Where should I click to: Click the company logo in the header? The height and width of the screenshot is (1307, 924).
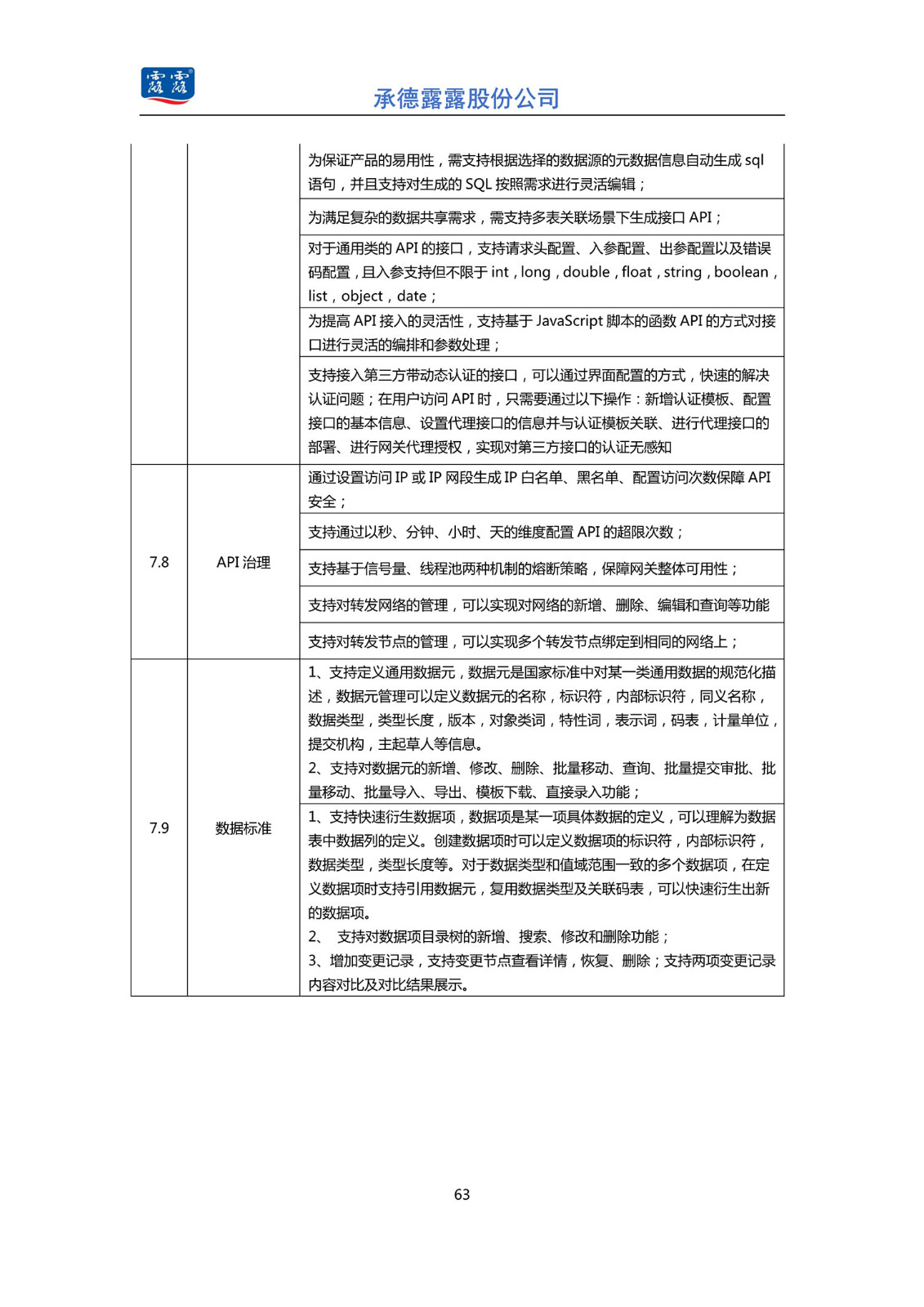pos(167,86)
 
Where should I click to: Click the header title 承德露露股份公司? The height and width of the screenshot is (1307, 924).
pos(466,99)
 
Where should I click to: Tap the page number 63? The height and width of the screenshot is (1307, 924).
pos(462,1194)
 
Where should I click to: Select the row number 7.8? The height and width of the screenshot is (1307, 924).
pos(159,562)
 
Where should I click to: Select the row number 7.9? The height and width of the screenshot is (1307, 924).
pos(159,827)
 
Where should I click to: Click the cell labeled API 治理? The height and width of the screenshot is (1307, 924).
pos(243,562)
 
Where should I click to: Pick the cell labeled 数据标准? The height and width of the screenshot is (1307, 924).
pos(243,827)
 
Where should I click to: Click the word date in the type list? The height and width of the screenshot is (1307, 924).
pos(412,296)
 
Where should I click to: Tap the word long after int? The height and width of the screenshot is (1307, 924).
pos(535,272)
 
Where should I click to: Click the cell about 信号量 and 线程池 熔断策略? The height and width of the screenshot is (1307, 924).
pos(523,569)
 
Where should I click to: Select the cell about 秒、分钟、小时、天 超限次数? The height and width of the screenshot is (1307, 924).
pos(496,532)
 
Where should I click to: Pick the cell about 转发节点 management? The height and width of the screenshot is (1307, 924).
pos(523,641)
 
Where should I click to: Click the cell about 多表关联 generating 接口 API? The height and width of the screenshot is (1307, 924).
pos(515,217)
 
